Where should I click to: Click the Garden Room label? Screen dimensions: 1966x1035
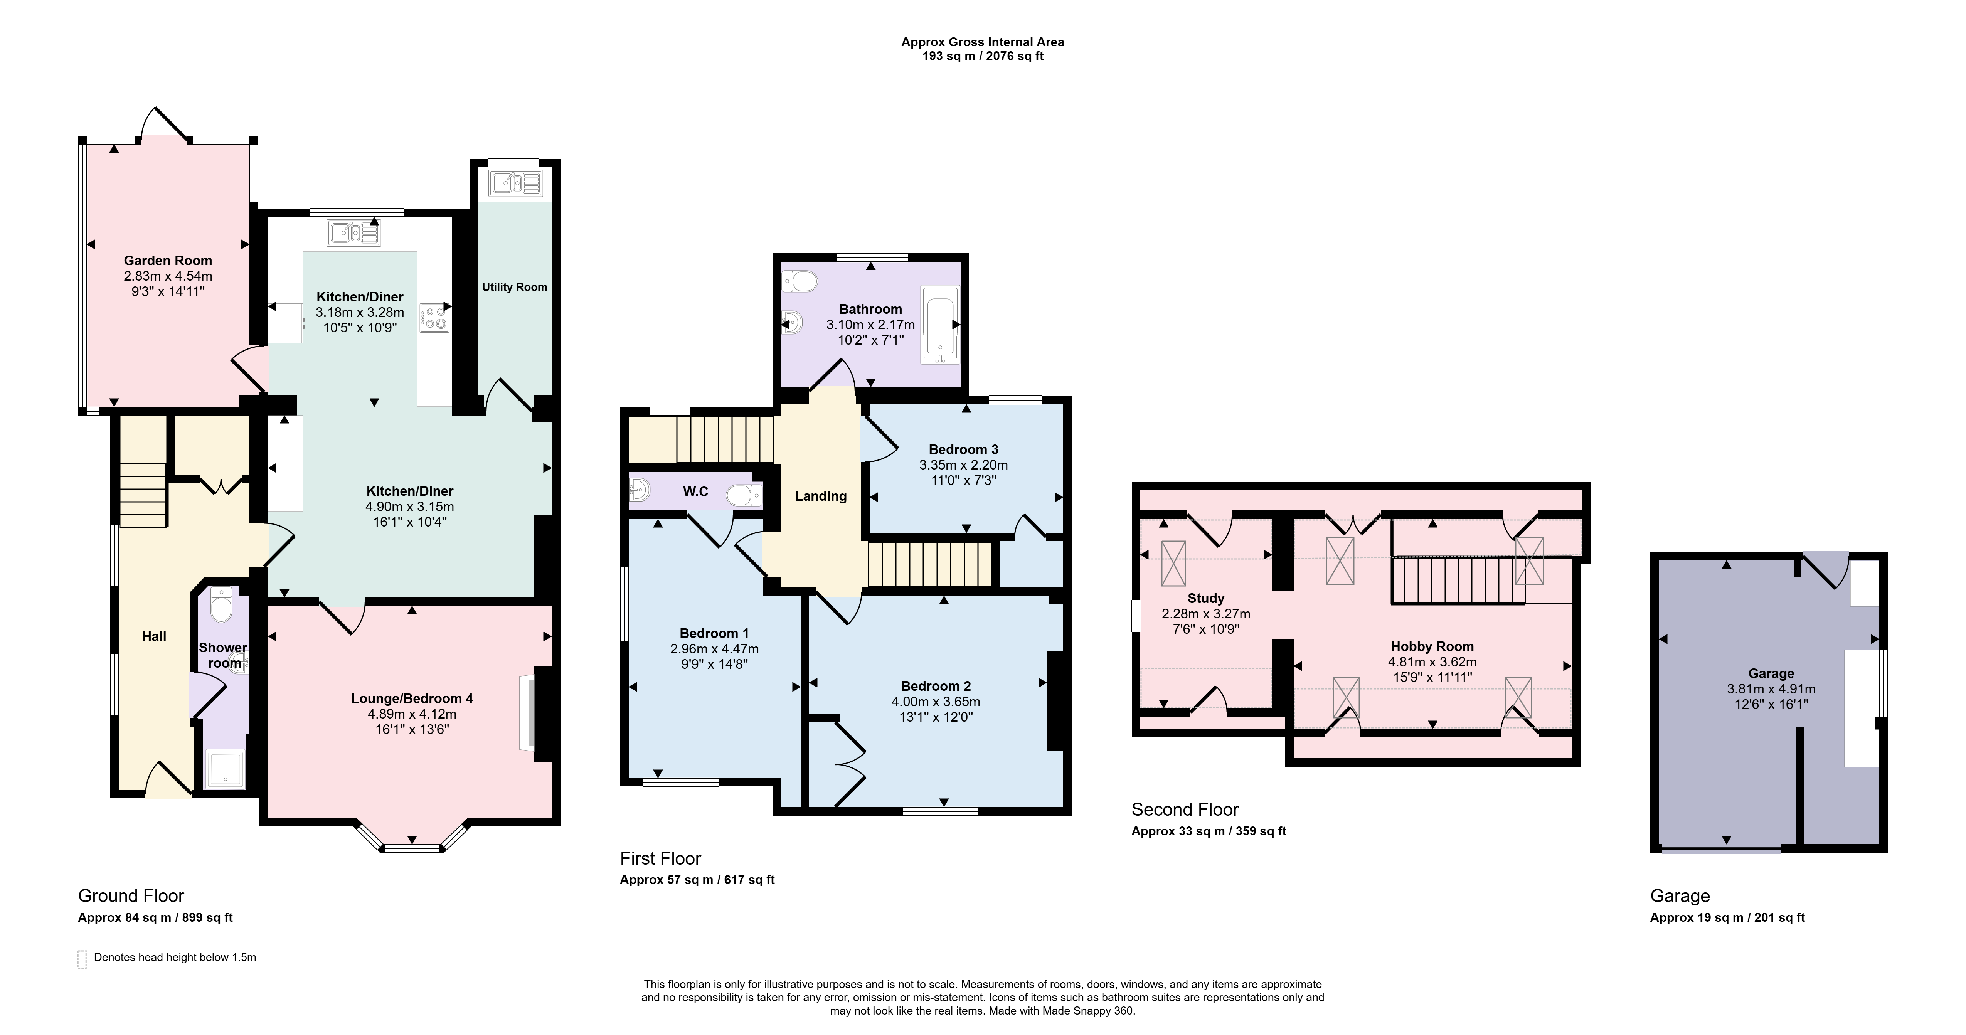168,260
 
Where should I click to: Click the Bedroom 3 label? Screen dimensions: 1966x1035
963,449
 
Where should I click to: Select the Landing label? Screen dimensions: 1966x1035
820,496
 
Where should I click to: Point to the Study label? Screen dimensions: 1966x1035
1206,598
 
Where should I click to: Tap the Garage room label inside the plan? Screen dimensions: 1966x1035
1771,673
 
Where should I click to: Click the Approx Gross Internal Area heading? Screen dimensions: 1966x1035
982,42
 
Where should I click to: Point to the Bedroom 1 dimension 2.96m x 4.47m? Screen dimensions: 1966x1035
714,649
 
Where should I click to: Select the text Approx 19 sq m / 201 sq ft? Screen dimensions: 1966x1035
1727,917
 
